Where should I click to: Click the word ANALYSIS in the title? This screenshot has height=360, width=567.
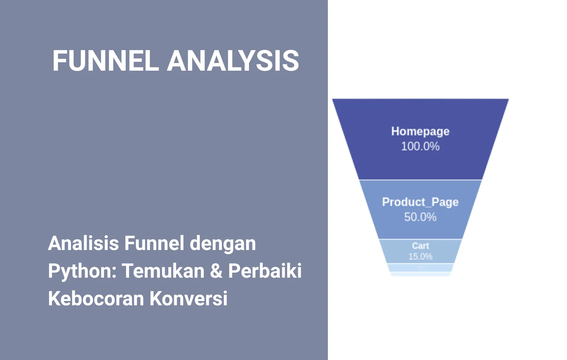point(233,61)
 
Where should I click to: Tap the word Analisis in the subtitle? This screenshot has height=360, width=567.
point(83,243)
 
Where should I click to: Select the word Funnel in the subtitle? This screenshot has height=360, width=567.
point(154,243)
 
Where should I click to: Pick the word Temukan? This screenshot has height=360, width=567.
point(163,270)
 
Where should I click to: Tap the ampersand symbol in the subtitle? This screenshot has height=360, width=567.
point(216,270)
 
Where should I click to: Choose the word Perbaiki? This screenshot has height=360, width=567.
point(265,270)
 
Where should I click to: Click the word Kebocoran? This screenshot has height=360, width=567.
point(96,298)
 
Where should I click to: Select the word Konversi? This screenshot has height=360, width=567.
point(188,298)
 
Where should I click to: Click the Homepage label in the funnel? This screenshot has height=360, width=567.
point(420,131)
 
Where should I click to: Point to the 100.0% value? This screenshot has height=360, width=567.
point(420,146)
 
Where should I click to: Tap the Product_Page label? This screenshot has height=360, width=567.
point(420,202)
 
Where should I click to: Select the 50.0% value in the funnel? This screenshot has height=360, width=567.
point(420,217)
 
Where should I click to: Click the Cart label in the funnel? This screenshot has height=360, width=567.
point(420,246)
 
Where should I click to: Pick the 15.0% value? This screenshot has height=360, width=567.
point(420,256)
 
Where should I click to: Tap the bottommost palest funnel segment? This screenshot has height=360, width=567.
point(420,274)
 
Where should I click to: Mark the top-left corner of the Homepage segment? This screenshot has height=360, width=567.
point(333,99)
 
